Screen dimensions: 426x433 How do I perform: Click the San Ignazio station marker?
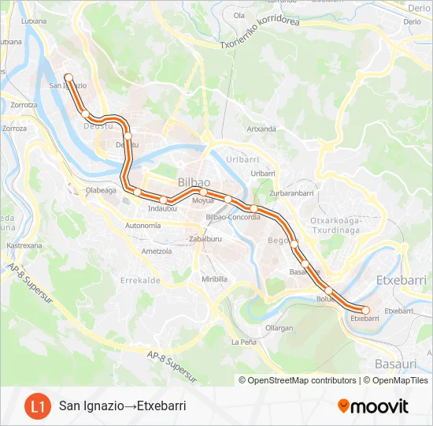pos(68,77)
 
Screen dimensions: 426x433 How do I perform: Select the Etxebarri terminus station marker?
pos(365,310)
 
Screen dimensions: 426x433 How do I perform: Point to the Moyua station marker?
pos(203,192)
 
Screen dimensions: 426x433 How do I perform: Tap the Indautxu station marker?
pos(164,200)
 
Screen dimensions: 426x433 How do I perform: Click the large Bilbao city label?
pos(194,181)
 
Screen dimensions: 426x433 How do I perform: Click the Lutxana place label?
pos(34,22)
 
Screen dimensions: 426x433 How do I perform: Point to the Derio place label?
pos(412,22)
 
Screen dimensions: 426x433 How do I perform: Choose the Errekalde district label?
pos(140,279)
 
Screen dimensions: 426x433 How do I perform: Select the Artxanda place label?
pos(261,129)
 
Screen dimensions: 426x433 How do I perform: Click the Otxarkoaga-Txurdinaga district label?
pos(335,226)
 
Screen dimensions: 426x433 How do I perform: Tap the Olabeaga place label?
pos(101,190)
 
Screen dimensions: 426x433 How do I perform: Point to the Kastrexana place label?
pos(24,245)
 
